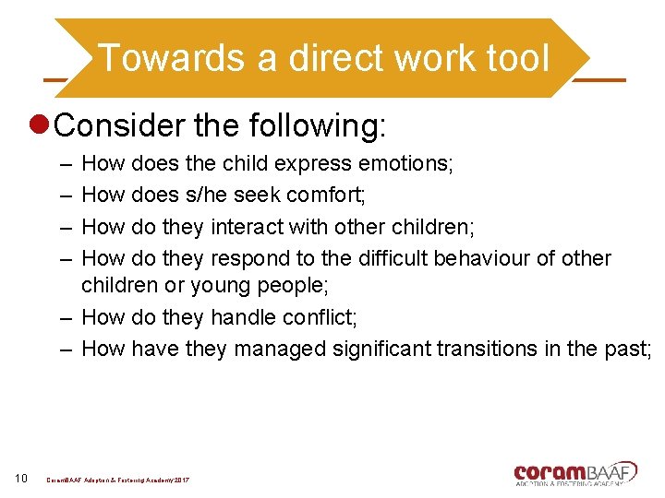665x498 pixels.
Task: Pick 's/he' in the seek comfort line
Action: tap(205, 196)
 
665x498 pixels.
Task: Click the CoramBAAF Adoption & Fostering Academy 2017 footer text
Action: tap(118, 480)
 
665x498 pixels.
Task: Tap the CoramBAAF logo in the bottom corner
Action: tap(574, 472)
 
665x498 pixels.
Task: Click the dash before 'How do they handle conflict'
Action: tap(67, 317)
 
